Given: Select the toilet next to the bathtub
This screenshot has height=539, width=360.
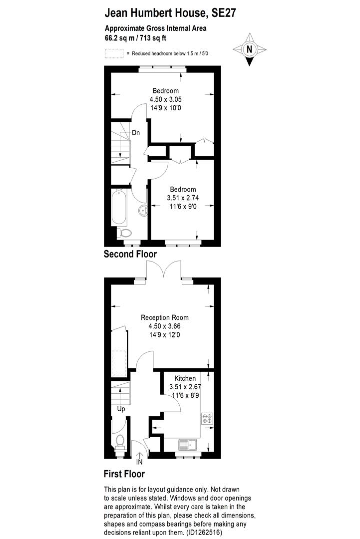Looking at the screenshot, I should [x=123, y=233].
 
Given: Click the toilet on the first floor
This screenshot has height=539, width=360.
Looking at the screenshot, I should [x=120, y=441].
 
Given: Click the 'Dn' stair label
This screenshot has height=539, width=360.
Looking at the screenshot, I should [x=136, y=133].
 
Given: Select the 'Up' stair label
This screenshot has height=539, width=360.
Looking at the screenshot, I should [x=121, y=409].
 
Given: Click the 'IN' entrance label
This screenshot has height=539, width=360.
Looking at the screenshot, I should [x=139, y=462].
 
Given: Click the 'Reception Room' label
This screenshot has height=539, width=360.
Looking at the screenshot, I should [x=165, y=317].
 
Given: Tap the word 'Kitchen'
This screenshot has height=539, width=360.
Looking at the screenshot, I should [x=185, y=378].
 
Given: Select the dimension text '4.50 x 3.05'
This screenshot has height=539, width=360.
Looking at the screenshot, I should [x=165, y=99].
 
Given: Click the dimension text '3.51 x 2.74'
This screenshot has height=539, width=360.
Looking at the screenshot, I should [x=183, y=198].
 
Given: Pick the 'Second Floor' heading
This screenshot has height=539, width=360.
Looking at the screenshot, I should [x=130, y=254].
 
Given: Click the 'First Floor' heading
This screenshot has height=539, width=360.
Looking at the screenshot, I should [x=124, y=473].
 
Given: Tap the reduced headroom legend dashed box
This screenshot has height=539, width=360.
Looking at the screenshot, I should [x=114, y=53].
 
